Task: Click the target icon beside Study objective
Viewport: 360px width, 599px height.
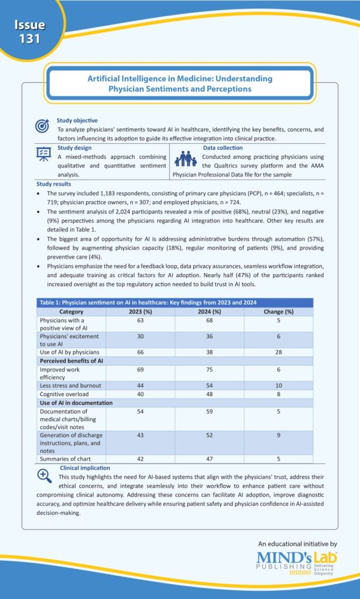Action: click(x=43, y=126)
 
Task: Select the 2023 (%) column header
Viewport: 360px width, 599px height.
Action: click(x=140, y=312)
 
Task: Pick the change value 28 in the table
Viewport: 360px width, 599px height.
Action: click(x=278, y=352)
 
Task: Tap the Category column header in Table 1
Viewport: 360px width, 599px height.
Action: click(x=71, y=312)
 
